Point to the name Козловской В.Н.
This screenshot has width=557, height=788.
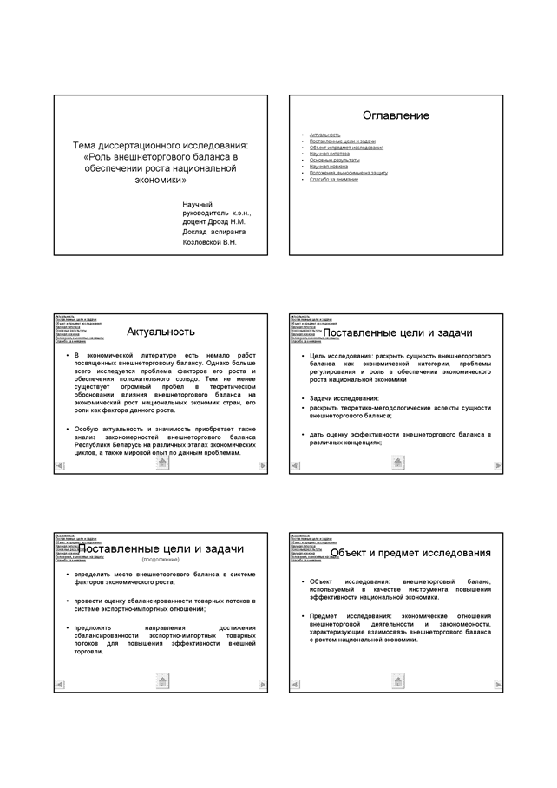(x=209, y=242)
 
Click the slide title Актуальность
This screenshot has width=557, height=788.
(x=161, y=331)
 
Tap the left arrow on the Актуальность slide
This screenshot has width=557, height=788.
(x=59, y=467)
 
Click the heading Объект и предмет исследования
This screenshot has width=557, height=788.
(x=410, y=552)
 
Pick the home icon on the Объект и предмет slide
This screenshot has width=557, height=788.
(x=398, y=681)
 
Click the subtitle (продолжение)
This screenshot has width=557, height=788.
(x=161, y=560)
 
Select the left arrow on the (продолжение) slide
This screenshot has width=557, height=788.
(x=59, y=686)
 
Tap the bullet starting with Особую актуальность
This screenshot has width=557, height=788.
(x=165, y=441)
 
